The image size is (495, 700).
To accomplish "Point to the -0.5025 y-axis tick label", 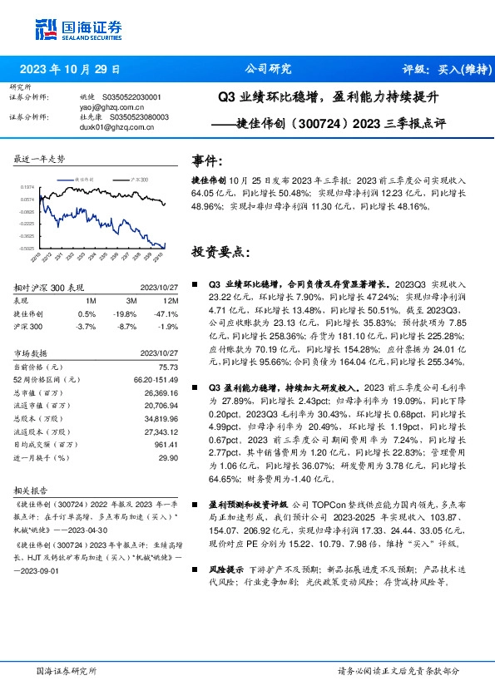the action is (26, 248).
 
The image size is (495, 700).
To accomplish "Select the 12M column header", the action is (171, 299).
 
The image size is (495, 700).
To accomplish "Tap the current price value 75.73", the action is (169, 366).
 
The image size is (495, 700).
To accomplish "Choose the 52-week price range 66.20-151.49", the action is (154, 379).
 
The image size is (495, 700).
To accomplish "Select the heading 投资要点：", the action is (220, 251).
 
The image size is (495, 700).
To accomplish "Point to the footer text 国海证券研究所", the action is (67, 670).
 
